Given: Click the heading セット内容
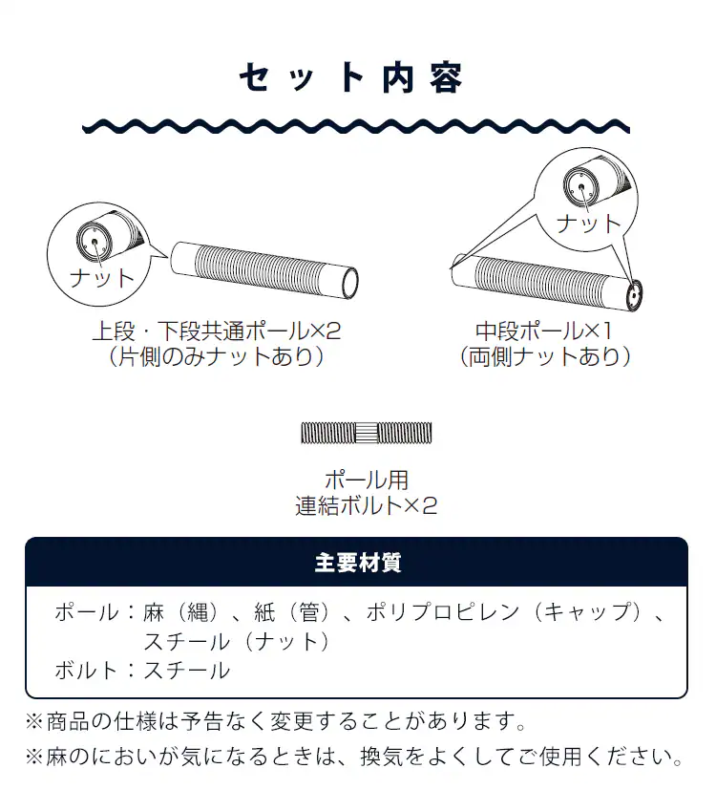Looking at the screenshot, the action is (350, 78).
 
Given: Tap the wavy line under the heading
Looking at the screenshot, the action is (356, 126).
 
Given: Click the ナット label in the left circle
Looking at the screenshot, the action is (102, 278).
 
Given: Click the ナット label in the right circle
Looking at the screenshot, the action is (589, 224).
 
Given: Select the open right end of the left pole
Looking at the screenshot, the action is (349, 283).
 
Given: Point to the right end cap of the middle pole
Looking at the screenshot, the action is (635, 295).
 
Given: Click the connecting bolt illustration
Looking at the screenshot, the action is (367, 434).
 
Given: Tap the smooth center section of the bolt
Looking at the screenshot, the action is (367, 434).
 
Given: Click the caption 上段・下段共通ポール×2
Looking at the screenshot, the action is (217, 331).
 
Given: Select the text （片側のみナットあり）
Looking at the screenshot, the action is (217, 356).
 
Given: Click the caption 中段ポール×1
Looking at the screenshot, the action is (544, 331).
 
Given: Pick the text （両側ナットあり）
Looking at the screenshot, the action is (545, 356).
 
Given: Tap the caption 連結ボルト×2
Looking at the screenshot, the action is (367, 506).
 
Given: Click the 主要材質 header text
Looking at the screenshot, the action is (358, 563).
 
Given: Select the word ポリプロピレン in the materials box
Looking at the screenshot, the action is (443, 612).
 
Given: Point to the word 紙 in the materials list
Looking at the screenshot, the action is (264, 612).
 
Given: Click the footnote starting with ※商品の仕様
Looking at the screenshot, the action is (276, 721).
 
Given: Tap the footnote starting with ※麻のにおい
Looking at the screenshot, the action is (354, 757).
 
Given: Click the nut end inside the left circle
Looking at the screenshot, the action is (95, 242).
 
